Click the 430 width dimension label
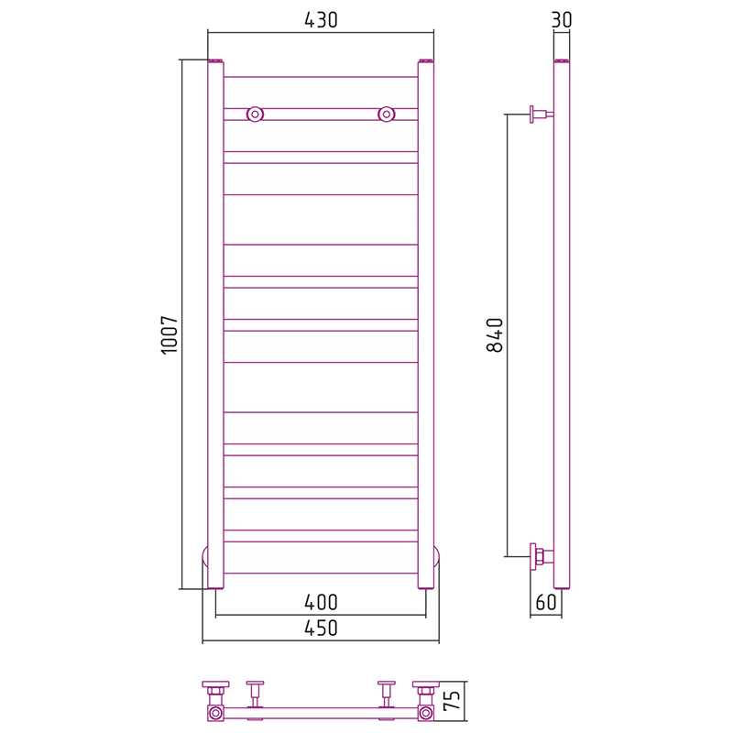[321, 20]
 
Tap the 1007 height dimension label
[170, 334]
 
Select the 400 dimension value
[321, 602]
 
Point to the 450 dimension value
[321, 628]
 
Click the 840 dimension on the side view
[495, 334]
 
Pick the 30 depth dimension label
[562, 20]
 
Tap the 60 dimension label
[546, 602]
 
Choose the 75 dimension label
[452, 700]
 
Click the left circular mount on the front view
[255, 114]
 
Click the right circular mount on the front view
[386, 114]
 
